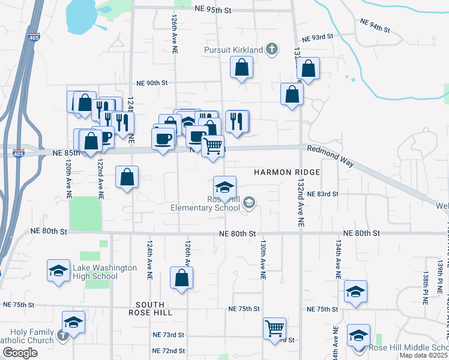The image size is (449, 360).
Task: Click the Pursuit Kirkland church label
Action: pos(234,49)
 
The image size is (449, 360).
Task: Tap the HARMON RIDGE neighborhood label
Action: pos(286,172)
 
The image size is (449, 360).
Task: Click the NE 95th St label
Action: pos(213,10)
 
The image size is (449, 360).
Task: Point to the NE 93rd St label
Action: pos(318,37)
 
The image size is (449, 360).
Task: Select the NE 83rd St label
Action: pos(323,194)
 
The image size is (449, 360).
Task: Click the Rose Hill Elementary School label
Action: pos(205,204)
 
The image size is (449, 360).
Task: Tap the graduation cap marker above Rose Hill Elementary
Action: pos(225,187)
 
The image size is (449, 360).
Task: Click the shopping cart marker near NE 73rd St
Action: pos(274,328)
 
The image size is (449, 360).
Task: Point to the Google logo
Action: pos(20,353)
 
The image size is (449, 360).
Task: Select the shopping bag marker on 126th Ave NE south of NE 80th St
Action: pos(181,278)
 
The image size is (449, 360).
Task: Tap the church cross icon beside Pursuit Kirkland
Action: pos(272,49)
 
